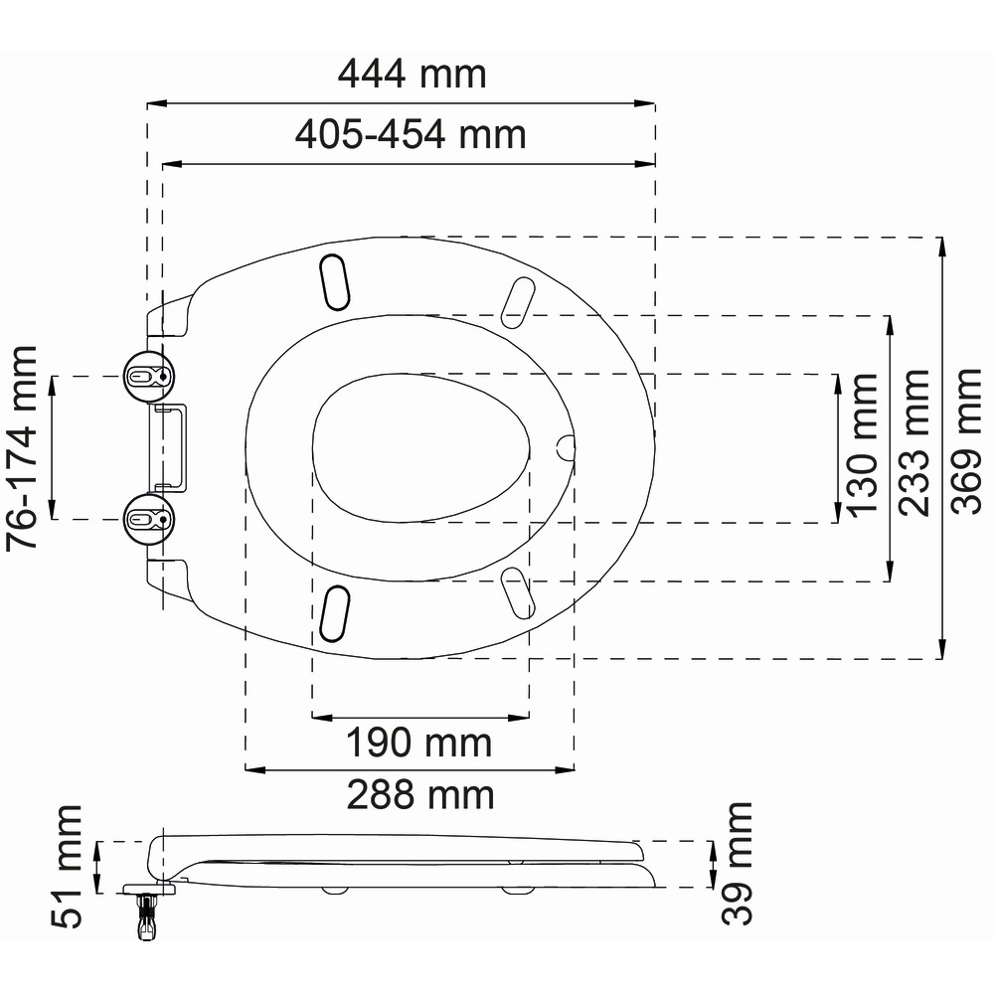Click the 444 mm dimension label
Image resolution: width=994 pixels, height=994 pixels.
413,74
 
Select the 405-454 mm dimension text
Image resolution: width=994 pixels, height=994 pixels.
411,134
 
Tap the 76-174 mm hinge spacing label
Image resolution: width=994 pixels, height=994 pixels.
23,447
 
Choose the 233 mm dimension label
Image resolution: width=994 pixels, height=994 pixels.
914,442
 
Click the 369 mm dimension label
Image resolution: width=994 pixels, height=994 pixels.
967,441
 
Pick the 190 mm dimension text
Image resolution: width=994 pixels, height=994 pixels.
418,743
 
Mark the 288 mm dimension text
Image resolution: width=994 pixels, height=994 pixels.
420,795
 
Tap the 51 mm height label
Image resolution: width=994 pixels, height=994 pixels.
68,867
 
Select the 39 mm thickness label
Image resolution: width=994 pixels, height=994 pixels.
737,864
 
